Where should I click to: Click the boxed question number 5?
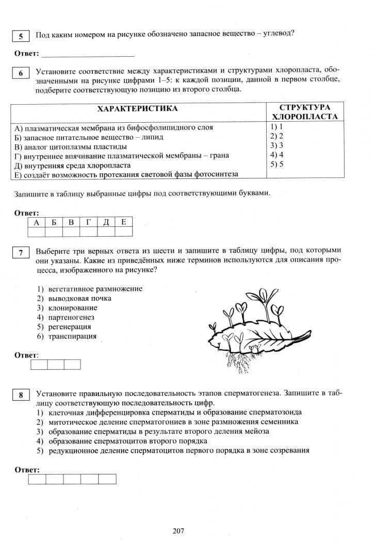click(x=20, y=36)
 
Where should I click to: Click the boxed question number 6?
click(x=20, y=73)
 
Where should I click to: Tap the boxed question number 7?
click(x=20, y=252)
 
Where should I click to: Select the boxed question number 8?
click(x=20, y=395)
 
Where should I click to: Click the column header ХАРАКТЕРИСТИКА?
click(x=137, y=108)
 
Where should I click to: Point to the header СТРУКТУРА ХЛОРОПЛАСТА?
click(x=304, y=112)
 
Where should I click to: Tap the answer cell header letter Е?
click(x=123, y=222)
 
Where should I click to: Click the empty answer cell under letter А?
click(x=36, y=232)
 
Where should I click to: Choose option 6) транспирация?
click(x=72, y=336)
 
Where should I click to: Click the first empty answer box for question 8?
click(x=37, y=479)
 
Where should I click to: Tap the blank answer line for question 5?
click(x=87, y=54)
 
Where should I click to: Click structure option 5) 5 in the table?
click(x=277, y=165)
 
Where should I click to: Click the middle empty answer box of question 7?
click(x=56, y=365)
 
